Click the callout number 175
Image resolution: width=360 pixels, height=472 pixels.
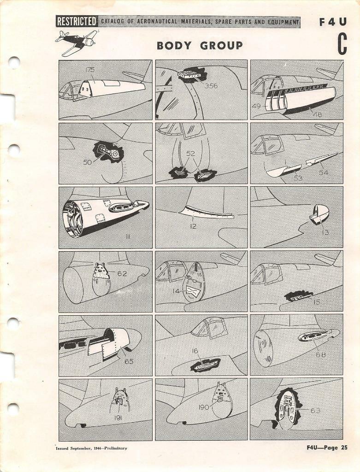click(x=90, y=70)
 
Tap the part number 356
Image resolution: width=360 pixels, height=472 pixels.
click(x=211, y=86)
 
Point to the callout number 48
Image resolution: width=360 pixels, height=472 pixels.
click(x=318, y=114)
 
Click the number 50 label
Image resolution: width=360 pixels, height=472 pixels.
click(x=88, y=162)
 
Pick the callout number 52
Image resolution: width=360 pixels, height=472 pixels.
click(x=190, y=153)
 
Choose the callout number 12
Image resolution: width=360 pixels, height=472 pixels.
click(x=194, y=226)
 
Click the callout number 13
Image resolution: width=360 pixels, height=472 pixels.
click(x=325, y=232)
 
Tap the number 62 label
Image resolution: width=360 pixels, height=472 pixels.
click(x=122, y=273)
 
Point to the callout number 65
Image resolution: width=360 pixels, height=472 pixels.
click(x=129, y=362)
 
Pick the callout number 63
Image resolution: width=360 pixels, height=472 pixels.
click(x=315, y=410)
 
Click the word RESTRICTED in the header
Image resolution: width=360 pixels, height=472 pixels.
click(x=77, y=22)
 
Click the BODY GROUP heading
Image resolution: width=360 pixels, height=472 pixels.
click(x=200, y=46)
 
